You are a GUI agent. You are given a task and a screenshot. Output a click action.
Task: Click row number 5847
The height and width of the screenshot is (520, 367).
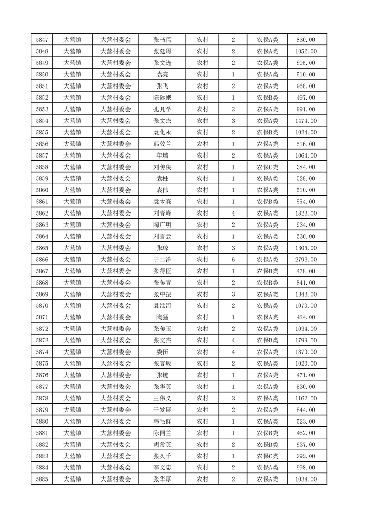point(42,40)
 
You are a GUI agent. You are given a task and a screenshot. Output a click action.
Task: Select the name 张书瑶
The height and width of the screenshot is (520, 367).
point(162,40)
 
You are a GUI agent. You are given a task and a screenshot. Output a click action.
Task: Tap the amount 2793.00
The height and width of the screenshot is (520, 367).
point(306,260)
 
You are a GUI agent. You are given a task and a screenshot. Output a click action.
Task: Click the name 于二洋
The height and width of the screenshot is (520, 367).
point(162,260)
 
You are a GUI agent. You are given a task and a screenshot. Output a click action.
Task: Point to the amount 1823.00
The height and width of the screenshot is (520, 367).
point(306,213)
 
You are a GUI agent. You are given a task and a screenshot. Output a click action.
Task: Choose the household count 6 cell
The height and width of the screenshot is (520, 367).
point(233,260)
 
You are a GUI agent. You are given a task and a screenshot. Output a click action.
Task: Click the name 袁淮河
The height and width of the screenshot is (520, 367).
point(162,306)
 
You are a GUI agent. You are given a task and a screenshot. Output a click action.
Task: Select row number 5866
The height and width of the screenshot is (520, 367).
point(42,260)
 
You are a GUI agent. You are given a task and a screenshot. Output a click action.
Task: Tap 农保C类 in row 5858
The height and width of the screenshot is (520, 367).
point(267,167)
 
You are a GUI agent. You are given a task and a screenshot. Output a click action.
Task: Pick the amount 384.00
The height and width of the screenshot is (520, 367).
point(306,167)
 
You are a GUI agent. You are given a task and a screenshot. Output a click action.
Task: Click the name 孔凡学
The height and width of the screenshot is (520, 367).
point(162,109)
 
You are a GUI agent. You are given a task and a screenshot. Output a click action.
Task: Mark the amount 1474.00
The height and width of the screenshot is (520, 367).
point(306,121)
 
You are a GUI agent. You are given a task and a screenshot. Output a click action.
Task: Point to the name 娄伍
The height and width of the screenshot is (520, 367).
point(162,352)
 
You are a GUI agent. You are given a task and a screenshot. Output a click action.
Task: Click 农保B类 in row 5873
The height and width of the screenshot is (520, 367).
point(267,341)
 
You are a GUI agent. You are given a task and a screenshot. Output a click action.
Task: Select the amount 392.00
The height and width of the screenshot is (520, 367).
point(306,456)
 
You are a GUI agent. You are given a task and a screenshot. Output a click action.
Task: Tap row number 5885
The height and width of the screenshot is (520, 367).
point(42,479)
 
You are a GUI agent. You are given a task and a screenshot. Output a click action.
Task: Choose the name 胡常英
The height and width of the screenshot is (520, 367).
point(162,444)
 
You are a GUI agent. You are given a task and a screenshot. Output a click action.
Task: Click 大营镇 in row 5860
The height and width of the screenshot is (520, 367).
point(72,190)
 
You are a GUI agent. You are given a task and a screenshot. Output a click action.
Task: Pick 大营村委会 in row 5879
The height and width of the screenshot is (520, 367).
point(116,410)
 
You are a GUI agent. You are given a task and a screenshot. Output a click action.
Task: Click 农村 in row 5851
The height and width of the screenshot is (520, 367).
point(202,86)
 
